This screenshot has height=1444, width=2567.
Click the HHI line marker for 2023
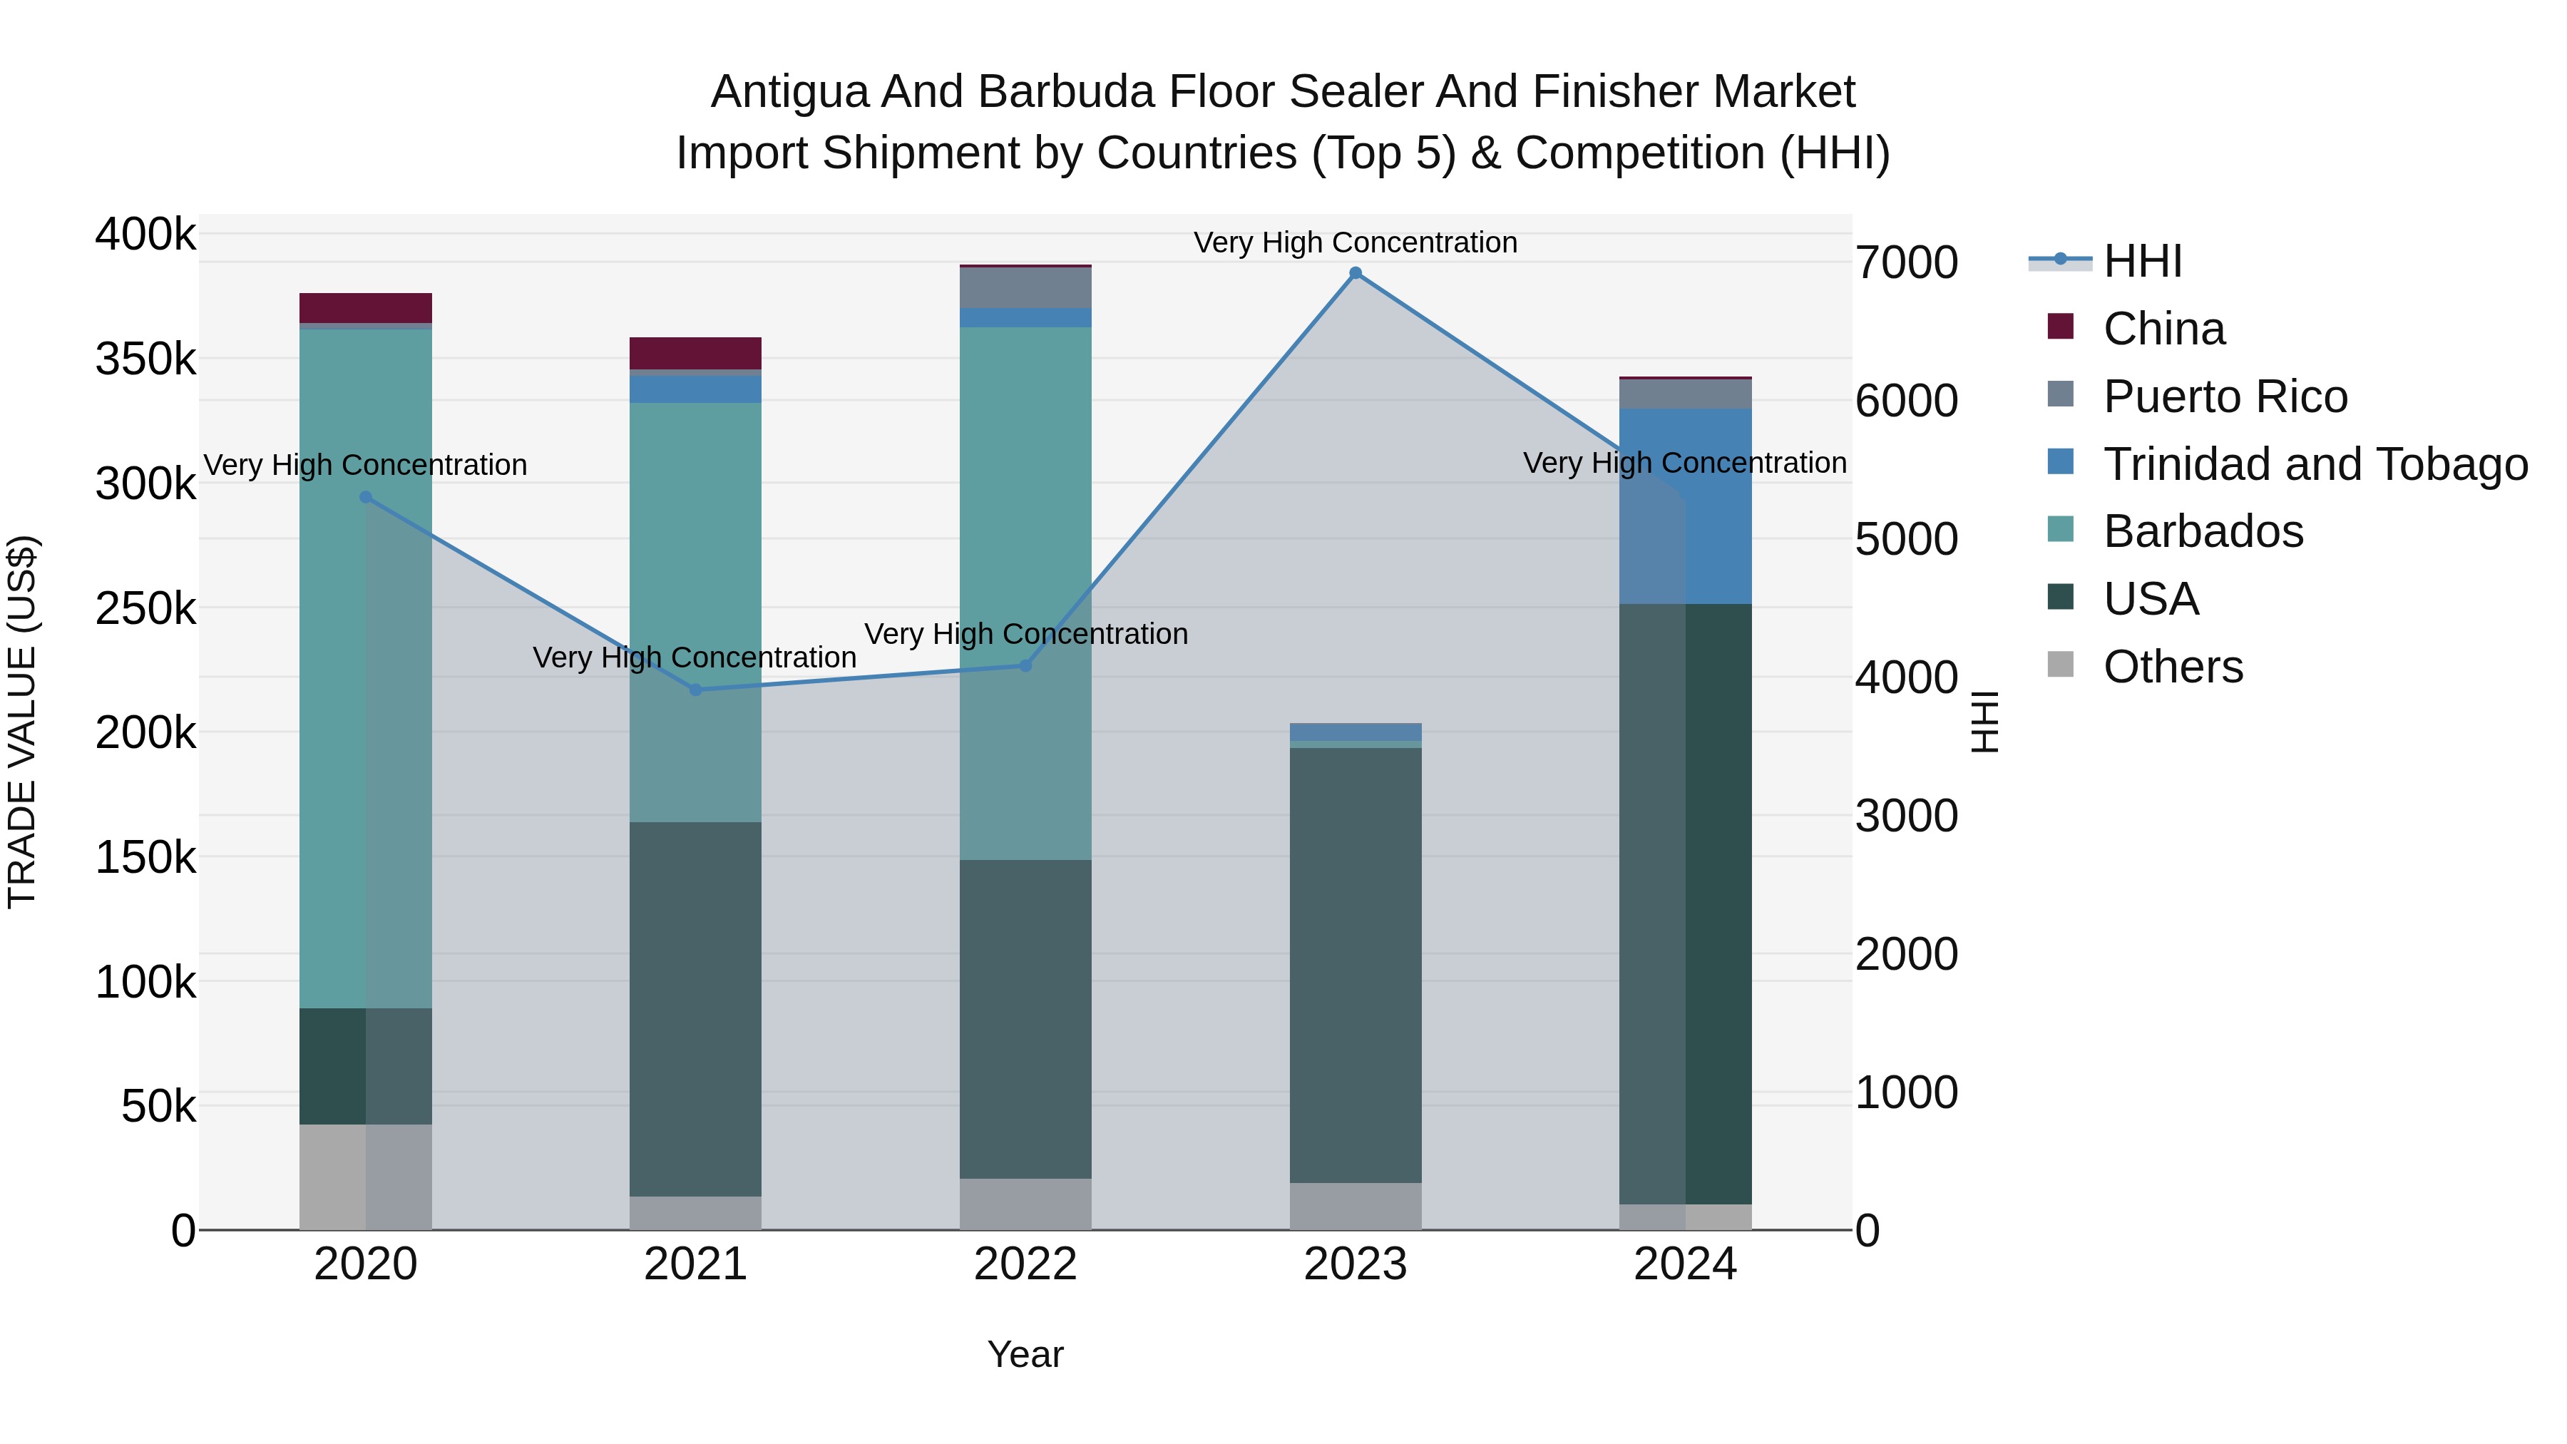point(1356,273)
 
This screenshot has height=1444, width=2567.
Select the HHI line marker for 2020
point(366,497)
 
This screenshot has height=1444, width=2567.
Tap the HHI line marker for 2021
point(695,690)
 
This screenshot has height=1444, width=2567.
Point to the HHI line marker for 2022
point(1025,666)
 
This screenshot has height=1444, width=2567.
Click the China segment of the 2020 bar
point(366,308)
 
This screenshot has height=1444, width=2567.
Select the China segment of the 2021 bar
point(695,353)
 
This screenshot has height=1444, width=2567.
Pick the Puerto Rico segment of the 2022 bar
point(1025,288)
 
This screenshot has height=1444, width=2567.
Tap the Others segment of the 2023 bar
point(1356,1206)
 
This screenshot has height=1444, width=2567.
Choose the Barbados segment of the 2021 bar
point(695,612)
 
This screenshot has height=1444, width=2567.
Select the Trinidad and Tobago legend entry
point(2315,464)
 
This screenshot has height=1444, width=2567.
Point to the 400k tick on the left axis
point(145,235)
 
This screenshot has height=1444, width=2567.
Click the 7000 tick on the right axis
point(1906,263)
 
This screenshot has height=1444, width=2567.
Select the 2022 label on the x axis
point(1025,1264)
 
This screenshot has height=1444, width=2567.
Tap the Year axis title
point(1025,1354)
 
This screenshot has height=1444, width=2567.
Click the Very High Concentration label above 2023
point(1356,243)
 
